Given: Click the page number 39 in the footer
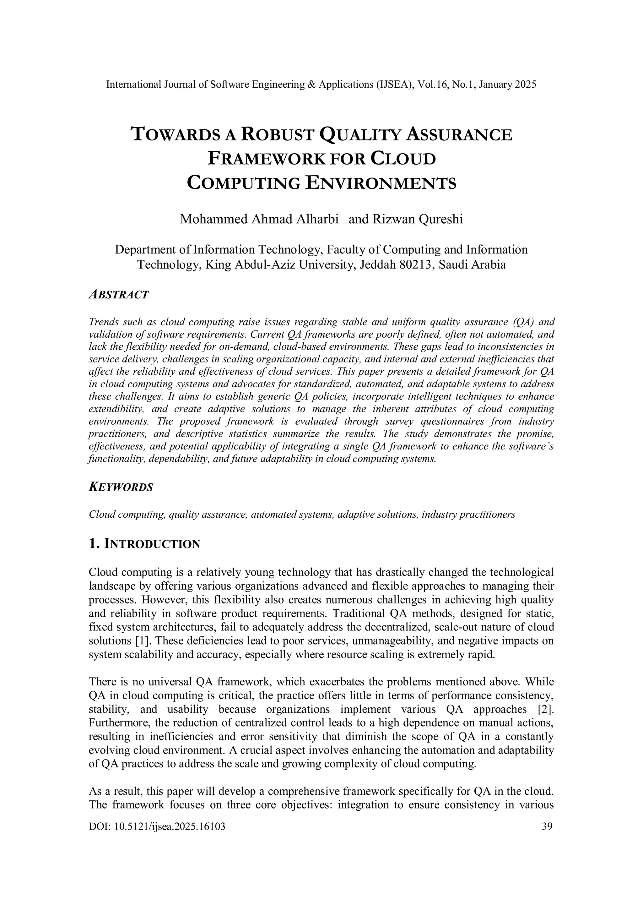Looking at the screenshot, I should point(546,826).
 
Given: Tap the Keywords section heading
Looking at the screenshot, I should point(121,487).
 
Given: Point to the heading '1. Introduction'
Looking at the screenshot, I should point(145,544).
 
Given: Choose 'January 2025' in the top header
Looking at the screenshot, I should point(507,84).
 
